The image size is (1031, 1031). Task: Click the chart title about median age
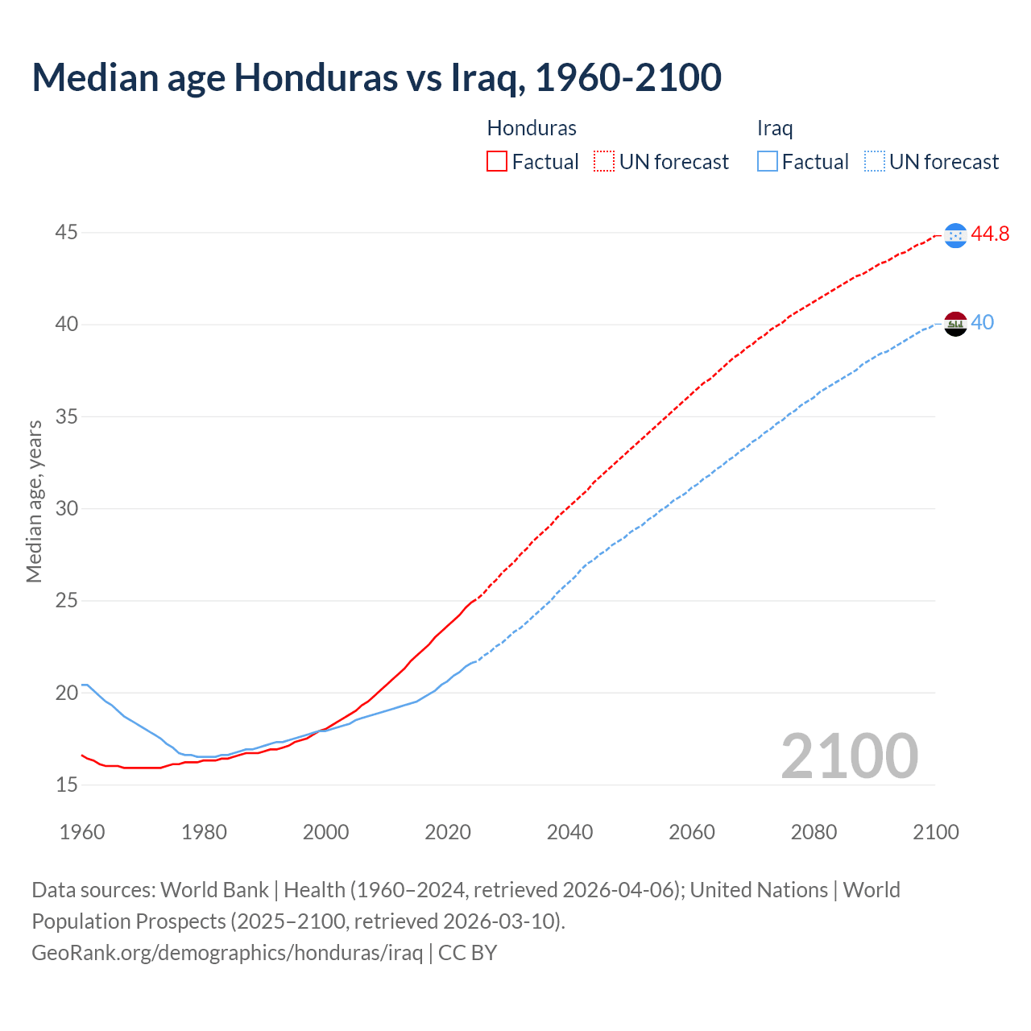(x=376, y=77)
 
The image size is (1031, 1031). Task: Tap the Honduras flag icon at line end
(x=955, y=235)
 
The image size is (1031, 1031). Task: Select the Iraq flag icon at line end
(x=955, y=324)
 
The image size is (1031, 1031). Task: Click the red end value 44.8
(x=990, y=234)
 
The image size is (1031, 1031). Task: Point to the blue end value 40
(x=982, y=323)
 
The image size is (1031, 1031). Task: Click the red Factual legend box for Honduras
(x=497, y=162)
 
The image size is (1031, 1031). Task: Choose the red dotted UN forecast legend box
(x=604, y=162)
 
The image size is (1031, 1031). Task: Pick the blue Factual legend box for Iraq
(x=767, y=162)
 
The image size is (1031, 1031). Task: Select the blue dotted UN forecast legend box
(x=874, y=162)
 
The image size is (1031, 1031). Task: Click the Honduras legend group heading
(x=532, y=128)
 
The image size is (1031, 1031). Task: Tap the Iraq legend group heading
(x=775, y=128)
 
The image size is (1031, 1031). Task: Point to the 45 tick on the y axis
(x=67, y=233)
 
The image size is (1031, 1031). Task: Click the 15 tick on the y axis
(x=67, y=785)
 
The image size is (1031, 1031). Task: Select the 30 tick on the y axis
(x=67, y=508)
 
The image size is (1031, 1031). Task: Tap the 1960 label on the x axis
(x=82, y=832)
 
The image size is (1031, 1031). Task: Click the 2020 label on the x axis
(x=448, y=832)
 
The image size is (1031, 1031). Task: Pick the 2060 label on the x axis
(x=692, y=832)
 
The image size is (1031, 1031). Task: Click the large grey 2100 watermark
(x=849, y=756)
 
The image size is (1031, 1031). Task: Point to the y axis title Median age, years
(x=34, y=501)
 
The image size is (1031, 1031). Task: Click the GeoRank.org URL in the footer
(x=227, y=953)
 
